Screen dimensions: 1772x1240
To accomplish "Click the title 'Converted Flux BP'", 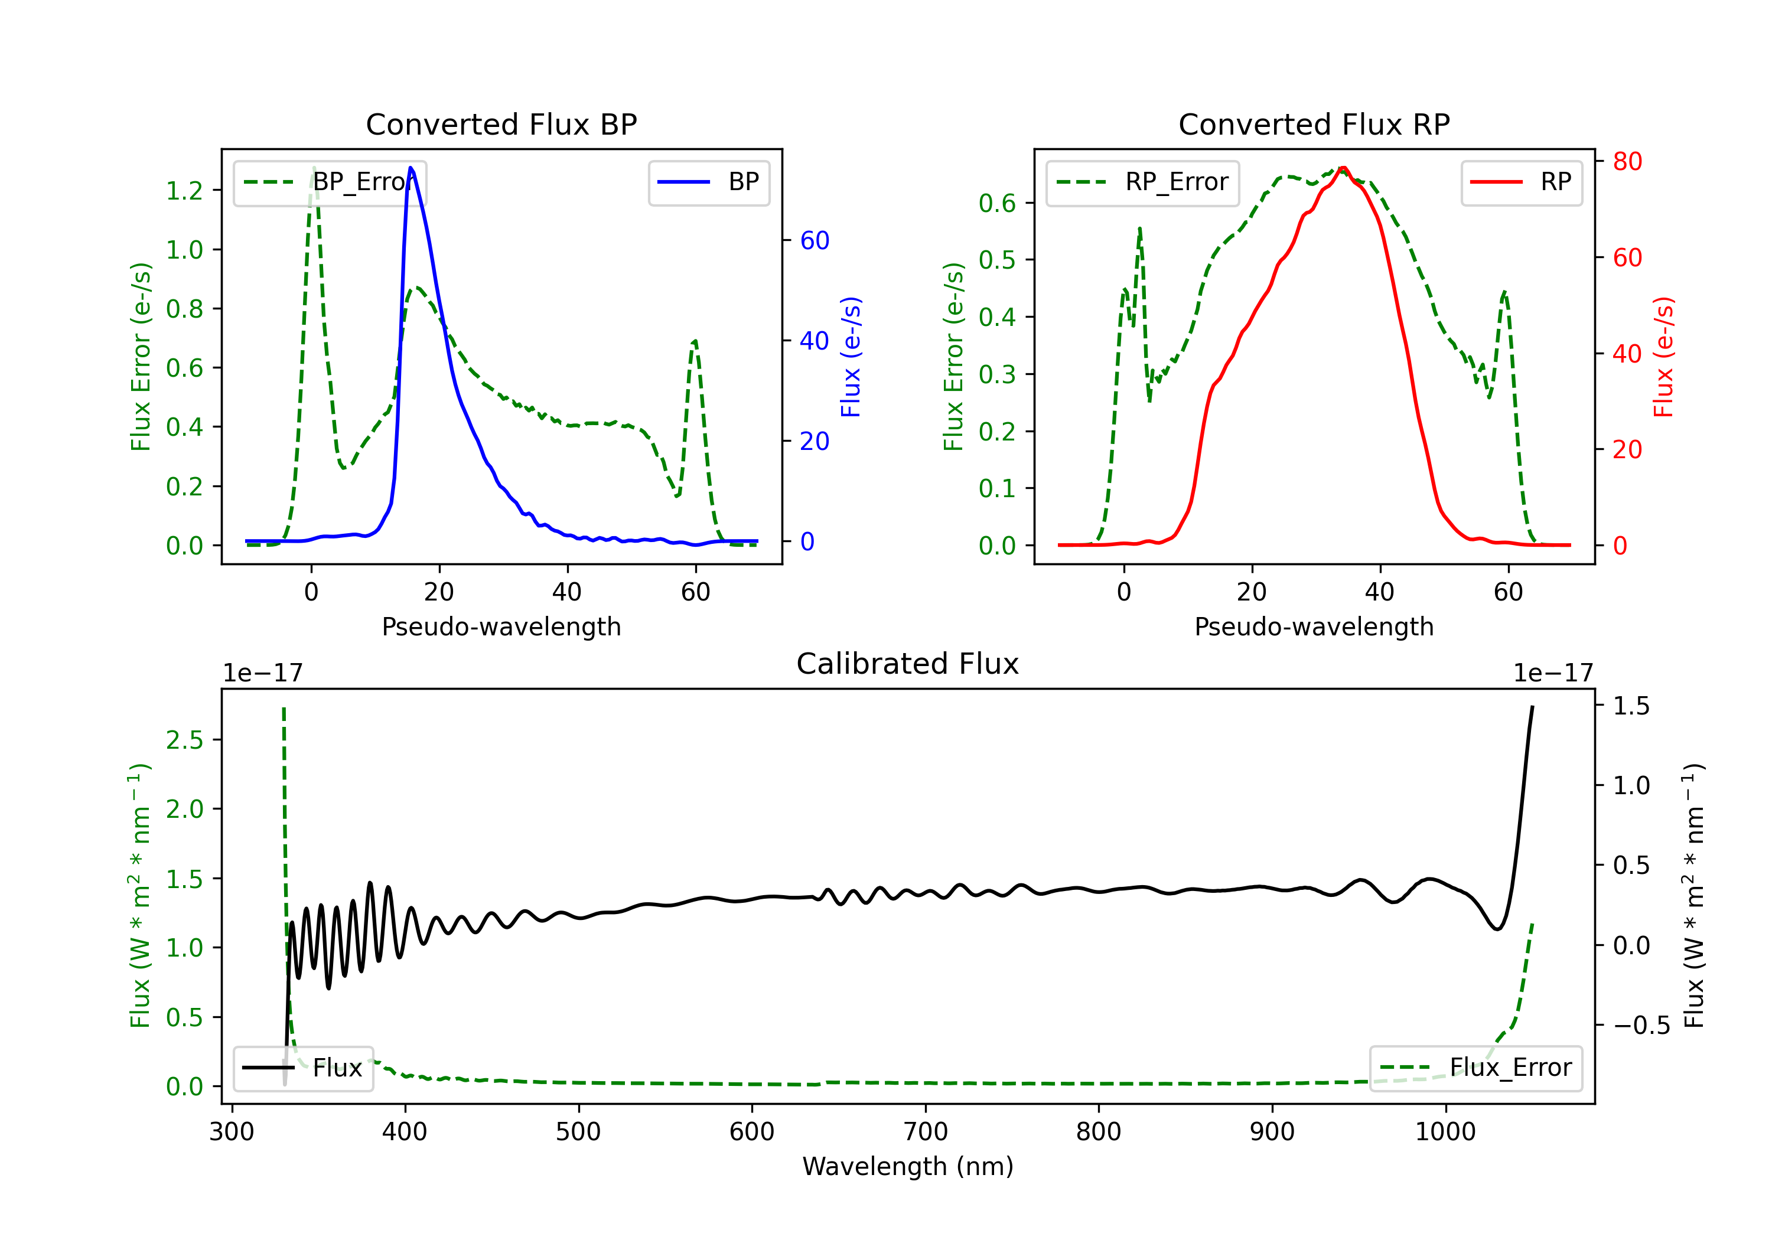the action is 501,124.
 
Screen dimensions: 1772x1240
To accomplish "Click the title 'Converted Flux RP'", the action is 1314,124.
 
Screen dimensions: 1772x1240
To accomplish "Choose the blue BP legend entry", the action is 708,182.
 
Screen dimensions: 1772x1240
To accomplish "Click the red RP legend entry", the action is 1521,182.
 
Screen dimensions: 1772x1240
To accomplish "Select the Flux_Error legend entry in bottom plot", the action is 1475,1068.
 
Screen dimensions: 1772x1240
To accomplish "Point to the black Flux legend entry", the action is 302,1068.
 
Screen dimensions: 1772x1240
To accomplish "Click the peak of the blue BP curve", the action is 411,168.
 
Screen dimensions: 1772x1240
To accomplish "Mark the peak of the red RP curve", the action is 1343,168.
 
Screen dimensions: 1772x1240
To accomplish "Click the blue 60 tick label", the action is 815,241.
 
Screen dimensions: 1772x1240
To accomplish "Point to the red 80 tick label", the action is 1628,161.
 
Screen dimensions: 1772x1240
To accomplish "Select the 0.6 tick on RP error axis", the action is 997,203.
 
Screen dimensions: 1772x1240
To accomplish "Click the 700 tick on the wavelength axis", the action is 926,1132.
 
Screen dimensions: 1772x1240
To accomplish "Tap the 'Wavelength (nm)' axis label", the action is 908,1167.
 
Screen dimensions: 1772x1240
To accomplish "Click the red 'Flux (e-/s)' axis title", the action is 1663,357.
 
